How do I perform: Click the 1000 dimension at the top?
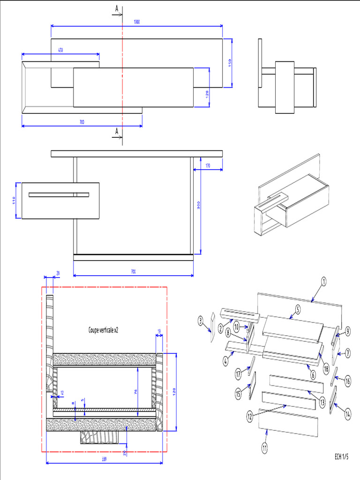tap(136, 22)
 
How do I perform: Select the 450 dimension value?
tap(60, 50)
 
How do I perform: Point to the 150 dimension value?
tap(230, 63)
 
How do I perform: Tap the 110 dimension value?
tap(14, 200)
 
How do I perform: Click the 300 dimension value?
tap(199, 206)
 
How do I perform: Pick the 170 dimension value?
tap(208, 165)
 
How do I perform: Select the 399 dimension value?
tap(104, 459)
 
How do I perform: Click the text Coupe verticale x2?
tap(103, 330)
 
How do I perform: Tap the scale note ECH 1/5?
tap(341, 456)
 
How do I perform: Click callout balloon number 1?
tap(323, 281)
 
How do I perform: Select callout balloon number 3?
tap(200, 321)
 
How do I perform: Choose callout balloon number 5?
tap(297, 309)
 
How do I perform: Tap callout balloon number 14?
tap(347, 413)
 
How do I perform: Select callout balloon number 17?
tap(238, 374)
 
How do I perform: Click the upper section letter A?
tap(116, 8)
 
